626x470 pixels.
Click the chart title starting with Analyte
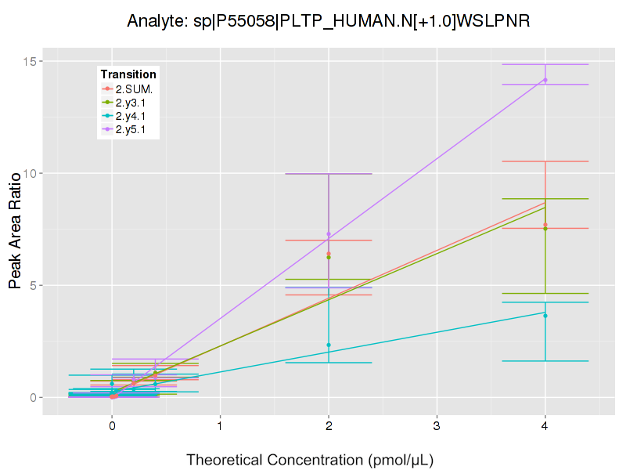coord(329,21)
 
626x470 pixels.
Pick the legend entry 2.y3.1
coord(134,103)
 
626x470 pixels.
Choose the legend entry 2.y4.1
coord(134,116)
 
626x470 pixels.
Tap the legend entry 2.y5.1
coord(134,129)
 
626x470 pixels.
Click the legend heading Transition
coord(128,74)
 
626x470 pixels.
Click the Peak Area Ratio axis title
coord(15,230)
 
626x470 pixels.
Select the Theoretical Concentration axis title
coord(310,459)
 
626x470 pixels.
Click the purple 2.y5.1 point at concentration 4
coord(545,80)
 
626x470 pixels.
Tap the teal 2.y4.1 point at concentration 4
coord(545,316)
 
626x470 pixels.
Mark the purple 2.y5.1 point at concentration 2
coord(329,234)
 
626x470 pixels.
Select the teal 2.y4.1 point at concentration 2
coord(329,345)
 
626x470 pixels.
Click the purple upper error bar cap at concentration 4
coord(545,64)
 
